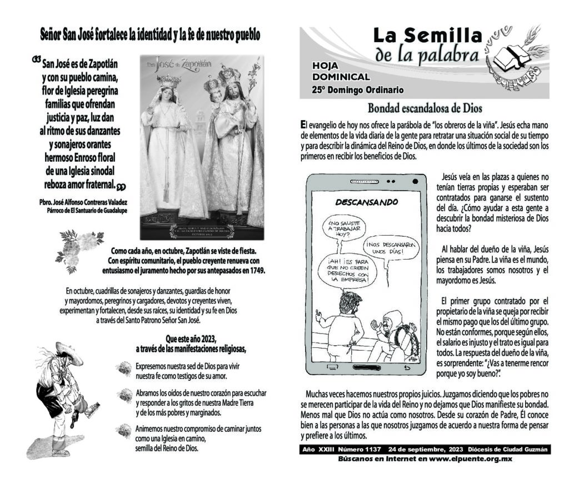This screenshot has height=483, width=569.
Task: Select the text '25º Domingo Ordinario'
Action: click(x=357, y=90)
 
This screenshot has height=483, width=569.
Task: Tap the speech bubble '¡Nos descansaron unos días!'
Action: click(x=392, y=247)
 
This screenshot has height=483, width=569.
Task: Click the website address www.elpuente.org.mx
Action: click(x=470, y=459)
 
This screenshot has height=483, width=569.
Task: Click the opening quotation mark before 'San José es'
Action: click(x=37, y=59)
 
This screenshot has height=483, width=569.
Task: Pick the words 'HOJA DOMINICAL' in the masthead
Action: click(x=341, y=71)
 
